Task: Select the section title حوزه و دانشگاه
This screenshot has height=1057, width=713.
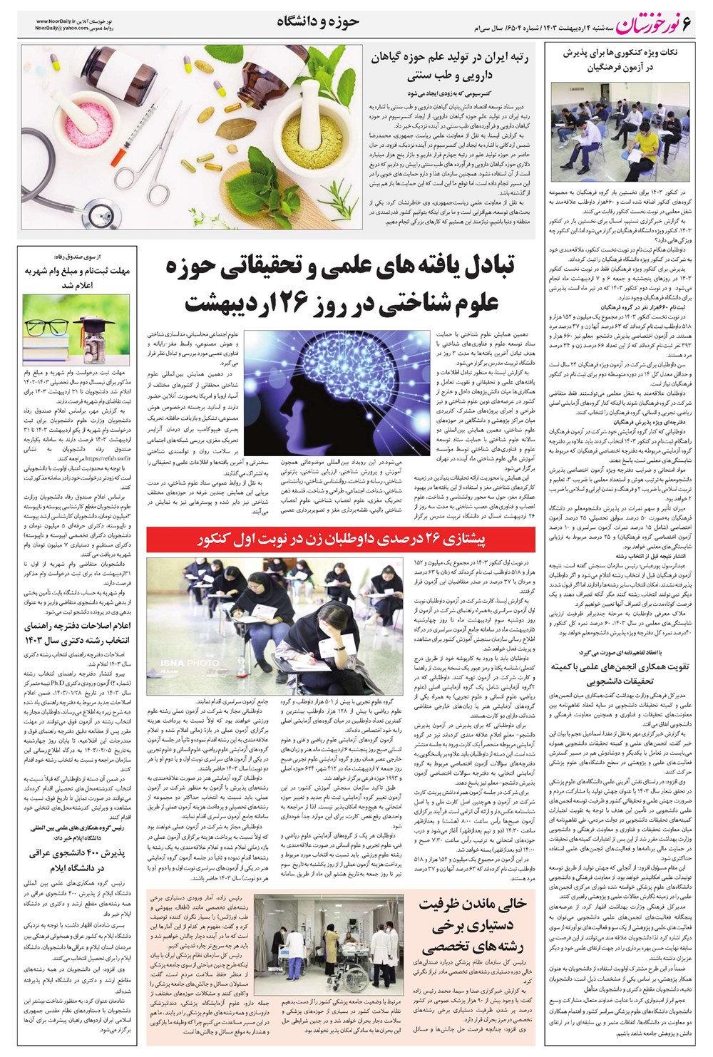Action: click(318, 22)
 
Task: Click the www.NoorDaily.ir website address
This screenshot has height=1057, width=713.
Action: click(61, 21)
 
